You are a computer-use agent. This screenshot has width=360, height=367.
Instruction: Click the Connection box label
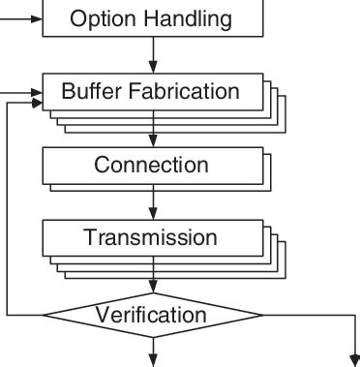coord(151,165)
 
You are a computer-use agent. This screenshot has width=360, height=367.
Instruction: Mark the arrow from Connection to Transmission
coord(153,205)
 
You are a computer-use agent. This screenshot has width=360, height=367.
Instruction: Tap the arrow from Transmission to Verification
coord(153,281)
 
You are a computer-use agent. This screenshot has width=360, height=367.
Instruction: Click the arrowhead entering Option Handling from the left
coord(38,17)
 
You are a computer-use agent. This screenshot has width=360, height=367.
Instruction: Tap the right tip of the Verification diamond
coord(263,315)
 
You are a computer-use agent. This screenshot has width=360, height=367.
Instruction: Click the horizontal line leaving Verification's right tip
coord(310,315)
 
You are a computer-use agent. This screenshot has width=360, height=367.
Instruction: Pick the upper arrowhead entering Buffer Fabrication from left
coord(38,93)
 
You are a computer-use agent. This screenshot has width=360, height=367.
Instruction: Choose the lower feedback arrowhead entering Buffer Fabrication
coord(38,104)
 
